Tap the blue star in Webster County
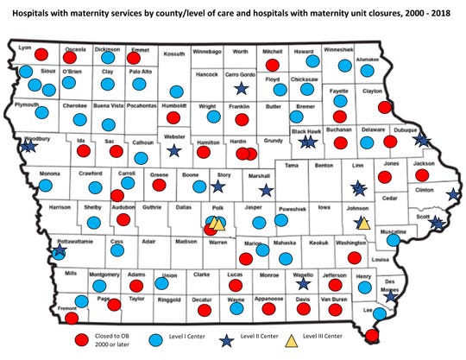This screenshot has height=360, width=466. (173, 149)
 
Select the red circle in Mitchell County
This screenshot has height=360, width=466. (273, 65)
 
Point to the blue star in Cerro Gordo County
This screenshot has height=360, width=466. (240, 87)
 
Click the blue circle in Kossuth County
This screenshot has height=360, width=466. (177, 91)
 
